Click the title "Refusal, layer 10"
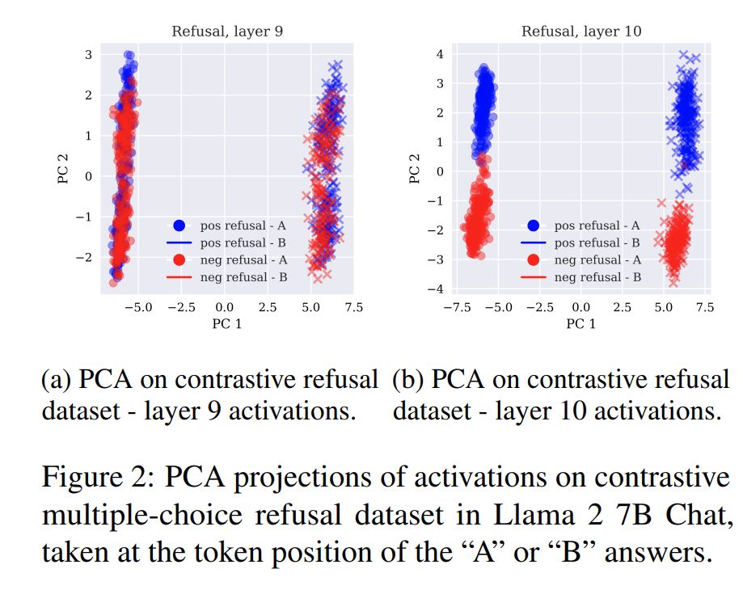[581, 32]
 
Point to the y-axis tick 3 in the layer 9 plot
[88, 54]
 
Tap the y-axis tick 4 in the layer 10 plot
[441, 54]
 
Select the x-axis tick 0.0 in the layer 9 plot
[225, 307]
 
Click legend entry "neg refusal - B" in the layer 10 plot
[597, 277]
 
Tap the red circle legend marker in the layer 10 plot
[534, 259]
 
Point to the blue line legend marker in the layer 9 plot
[180, 242]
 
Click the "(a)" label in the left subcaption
[56, 380]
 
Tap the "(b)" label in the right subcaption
[407, 380]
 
